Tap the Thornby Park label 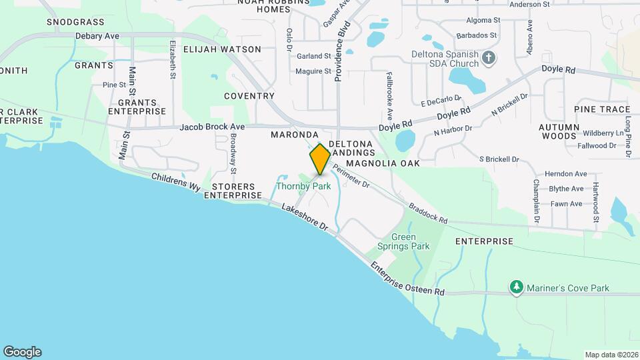point(303,187)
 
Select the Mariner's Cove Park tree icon point(516,287)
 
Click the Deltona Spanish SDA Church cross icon point(489,58)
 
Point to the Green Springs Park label point(403,241)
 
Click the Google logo point(22,352)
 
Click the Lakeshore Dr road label point(305,218)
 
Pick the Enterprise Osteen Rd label point(408,279)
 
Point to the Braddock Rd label point(427,213)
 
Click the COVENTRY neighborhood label point(249,96)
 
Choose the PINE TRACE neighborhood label point(601,109)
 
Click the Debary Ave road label point(97,35)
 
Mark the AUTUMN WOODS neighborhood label point(558,131)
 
